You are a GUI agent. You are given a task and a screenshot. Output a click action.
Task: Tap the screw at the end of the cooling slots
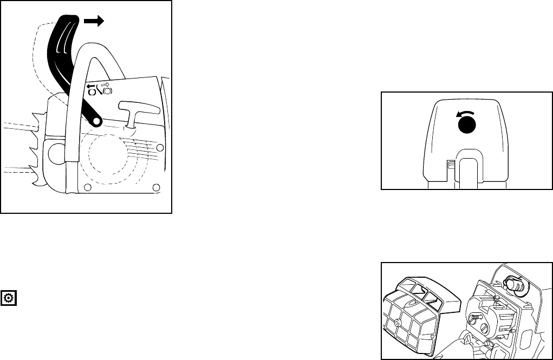pyautogui.click(x=159, y=148)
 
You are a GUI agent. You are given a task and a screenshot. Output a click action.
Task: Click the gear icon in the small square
pyautogui.click(x=9, y=297)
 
